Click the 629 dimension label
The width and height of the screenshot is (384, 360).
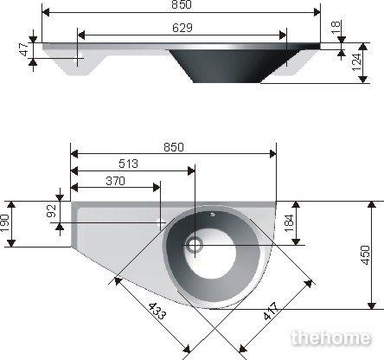click(x=182, y=28)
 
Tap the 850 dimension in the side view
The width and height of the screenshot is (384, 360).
click(x=182, y=4)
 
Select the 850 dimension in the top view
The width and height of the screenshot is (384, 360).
click(x=174, y=147)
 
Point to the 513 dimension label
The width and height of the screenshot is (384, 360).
click(x=129, y=164)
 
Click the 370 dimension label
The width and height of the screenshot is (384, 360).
click(x=115, y=181)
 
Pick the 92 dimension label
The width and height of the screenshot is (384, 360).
click(x=51, y=211)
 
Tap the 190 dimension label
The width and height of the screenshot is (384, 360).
click(x=4, y=223)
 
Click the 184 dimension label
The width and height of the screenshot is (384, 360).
click(x=289, y=223)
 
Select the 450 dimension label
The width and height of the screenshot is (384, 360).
click(x=365, y=255)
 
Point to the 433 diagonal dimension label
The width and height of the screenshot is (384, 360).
click(x=157, y=312)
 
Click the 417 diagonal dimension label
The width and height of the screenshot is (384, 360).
click(x=271, y=311)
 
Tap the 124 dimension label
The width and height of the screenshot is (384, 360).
click(x=356, y=62)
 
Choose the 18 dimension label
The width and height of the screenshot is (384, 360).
click(x=336, y=27)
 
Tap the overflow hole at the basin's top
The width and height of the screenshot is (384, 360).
click(x=213, y=214)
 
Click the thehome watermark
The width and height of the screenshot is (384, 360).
click(x=331, y=337)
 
